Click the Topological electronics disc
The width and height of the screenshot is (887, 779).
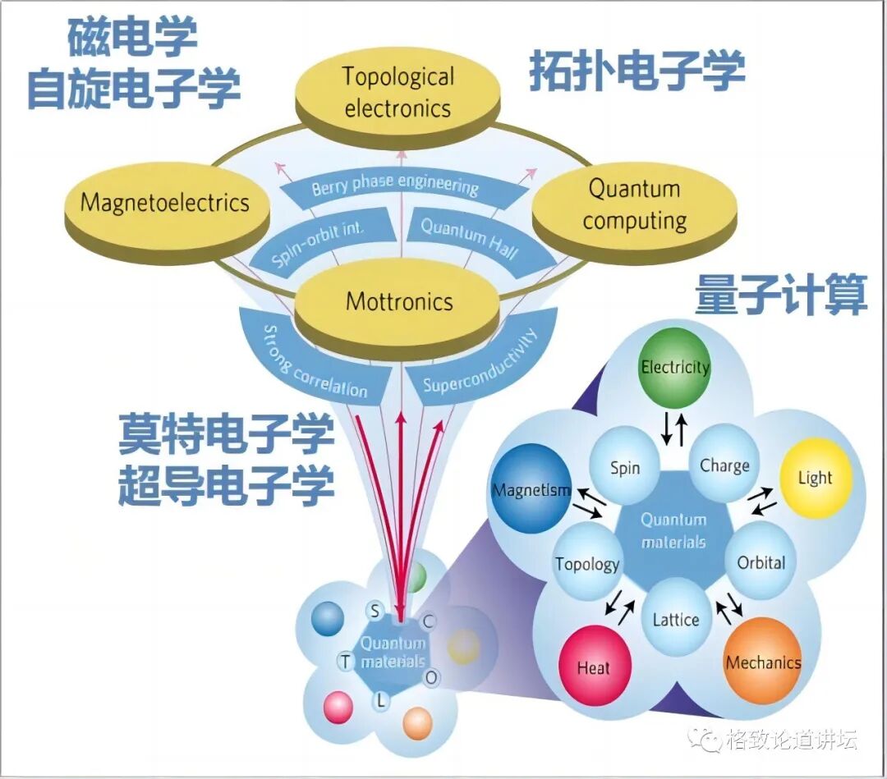point(398,92)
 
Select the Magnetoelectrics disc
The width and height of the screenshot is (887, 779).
point(165,203)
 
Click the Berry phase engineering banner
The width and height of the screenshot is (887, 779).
point(396,188)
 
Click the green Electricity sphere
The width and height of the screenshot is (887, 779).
point(674,367)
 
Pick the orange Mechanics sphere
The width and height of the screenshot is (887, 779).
point(762,662)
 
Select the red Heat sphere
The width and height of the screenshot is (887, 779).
point(593,667)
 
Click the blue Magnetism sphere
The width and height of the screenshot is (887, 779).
point(531,490)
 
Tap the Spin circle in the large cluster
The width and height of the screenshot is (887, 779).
point(625,469)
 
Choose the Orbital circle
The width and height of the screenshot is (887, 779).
point(761,562)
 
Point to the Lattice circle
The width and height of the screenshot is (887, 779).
point(675,619)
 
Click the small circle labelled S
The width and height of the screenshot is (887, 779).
point(375,611)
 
